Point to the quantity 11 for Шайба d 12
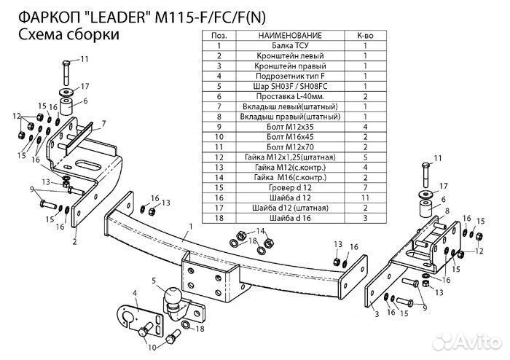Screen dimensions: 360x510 pos(365,197)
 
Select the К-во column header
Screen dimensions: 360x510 pos(365,34)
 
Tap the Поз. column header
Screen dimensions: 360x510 pos(218,34)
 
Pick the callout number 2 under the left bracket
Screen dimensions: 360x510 pos(74,238)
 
